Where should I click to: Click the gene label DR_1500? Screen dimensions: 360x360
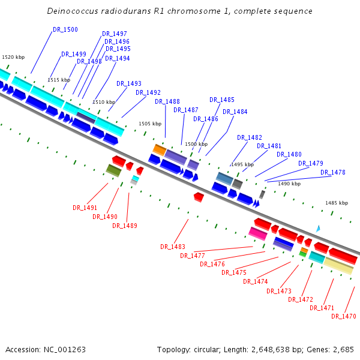(65, 29)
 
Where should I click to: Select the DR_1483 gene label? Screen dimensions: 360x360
(173, 247)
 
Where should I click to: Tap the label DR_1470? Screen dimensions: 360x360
(344, 316)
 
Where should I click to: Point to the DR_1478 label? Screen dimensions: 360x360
(333, 172)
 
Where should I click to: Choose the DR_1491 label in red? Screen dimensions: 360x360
(85, 208)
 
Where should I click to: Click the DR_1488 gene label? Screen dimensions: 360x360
(167, 101)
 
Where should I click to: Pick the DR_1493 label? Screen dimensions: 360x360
(129, 83)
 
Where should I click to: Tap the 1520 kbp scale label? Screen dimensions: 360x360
(13, 57)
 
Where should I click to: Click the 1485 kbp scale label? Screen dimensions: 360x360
(337, 203)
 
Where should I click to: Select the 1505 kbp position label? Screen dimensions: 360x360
(150, 124)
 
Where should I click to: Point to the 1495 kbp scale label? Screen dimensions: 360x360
(242, 164)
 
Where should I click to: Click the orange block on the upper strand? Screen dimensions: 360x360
(160, 149)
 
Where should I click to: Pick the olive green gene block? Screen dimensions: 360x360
(114, 171)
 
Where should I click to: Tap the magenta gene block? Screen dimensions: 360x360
(258, 233)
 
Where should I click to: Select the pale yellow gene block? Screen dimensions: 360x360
(338, 266)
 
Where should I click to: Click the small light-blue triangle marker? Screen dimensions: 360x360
(318, 229)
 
